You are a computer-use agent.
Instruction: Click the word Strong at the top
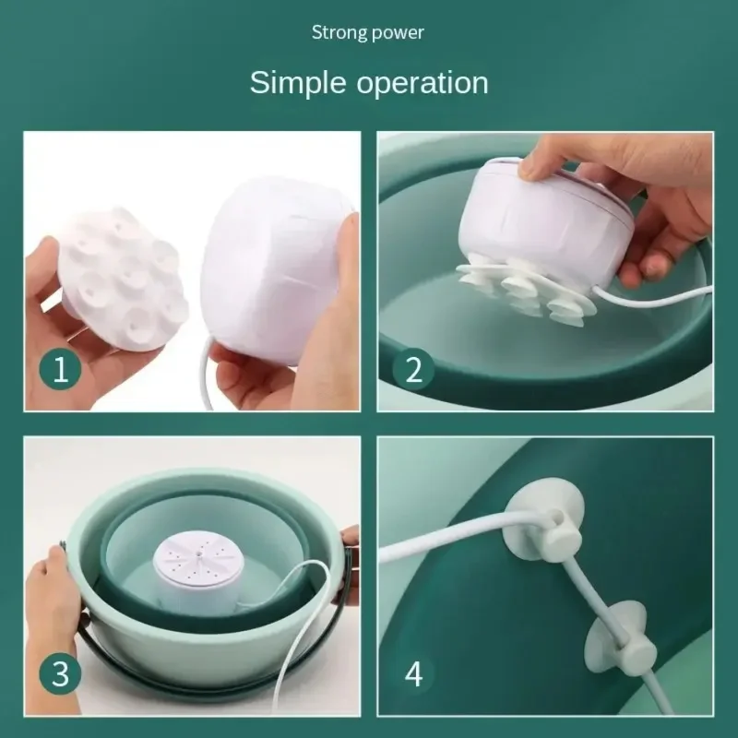[x=338, y=33]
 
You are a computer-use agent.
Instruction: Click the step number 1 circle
[x=60, y=370]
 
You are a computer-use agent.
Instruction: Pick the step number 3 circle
[x=60, y=673]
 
